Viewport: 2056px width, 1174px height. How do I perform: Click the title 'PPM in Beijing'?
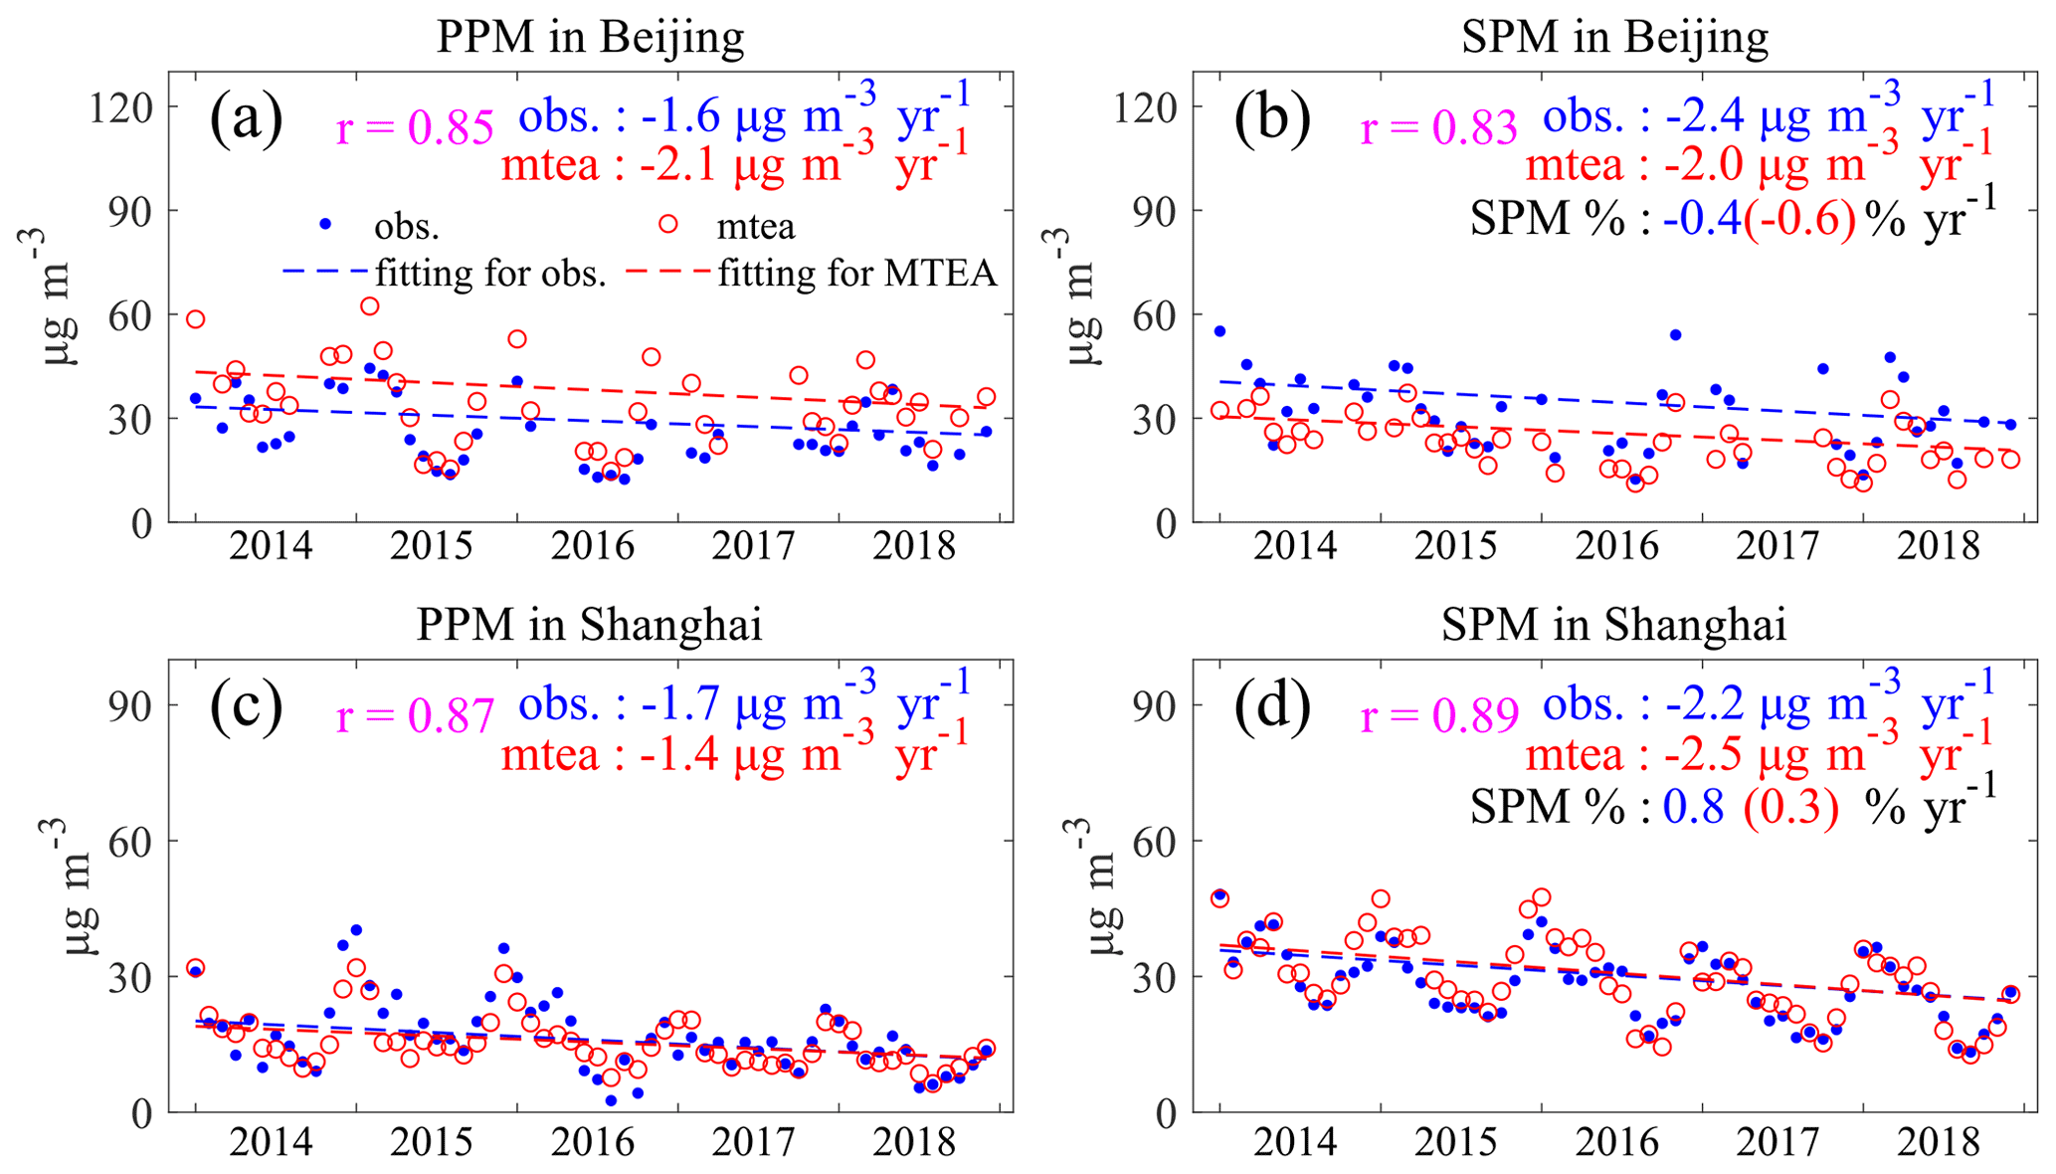590,38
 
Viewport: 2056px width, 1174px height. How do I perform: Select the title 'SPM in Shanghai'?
1613,625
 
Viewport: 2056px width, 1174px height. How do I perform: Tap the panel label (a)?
246,118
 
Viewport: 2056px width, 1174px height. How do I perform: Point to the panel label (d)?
1272,707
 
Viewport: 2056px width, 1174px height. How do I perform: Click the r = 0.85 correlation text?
415,128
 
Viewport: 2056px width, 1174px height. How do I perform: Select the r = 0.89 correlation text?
1439,715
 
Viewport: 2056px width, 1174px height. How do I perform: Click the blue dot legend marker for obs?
324,224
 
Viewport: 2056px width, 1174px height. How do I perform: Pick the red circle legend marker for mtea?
668,224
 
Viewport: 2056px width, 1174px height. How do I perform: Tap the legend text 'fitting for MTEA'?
857,272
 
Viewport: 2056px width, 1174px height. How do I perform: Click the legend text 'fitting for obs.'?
490,272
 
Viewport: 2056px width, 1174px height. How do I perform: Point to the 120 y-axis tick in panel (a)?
120,106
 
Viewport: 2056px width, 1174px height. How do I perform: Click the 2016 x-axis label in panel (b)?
1616,546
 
